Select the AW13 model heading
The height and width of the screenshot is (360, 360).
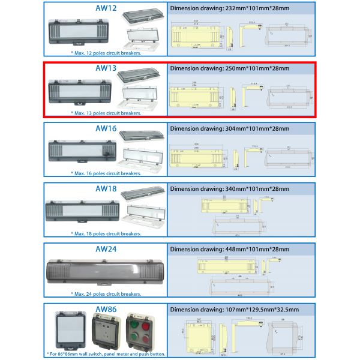(106, 68)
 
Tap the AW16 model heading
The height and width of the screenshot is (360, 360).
(106, 128)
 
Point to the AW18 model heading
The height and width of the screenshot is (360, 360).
(106, 188)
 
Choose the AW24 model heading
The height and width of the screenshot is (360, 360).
(106, 248)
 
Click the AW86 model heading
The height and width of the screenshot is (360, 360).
(106, 308)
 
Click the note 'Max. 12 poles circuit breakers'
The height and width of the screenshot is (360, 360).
(106, 53)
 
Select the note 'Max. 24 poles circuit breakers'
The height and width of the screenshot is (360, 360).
(106, 294)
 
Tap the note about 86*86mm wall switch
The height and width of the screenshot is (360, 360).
(106, 354)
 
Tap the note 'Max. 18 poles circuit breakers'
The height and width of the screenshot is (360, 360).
(106, 233)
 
